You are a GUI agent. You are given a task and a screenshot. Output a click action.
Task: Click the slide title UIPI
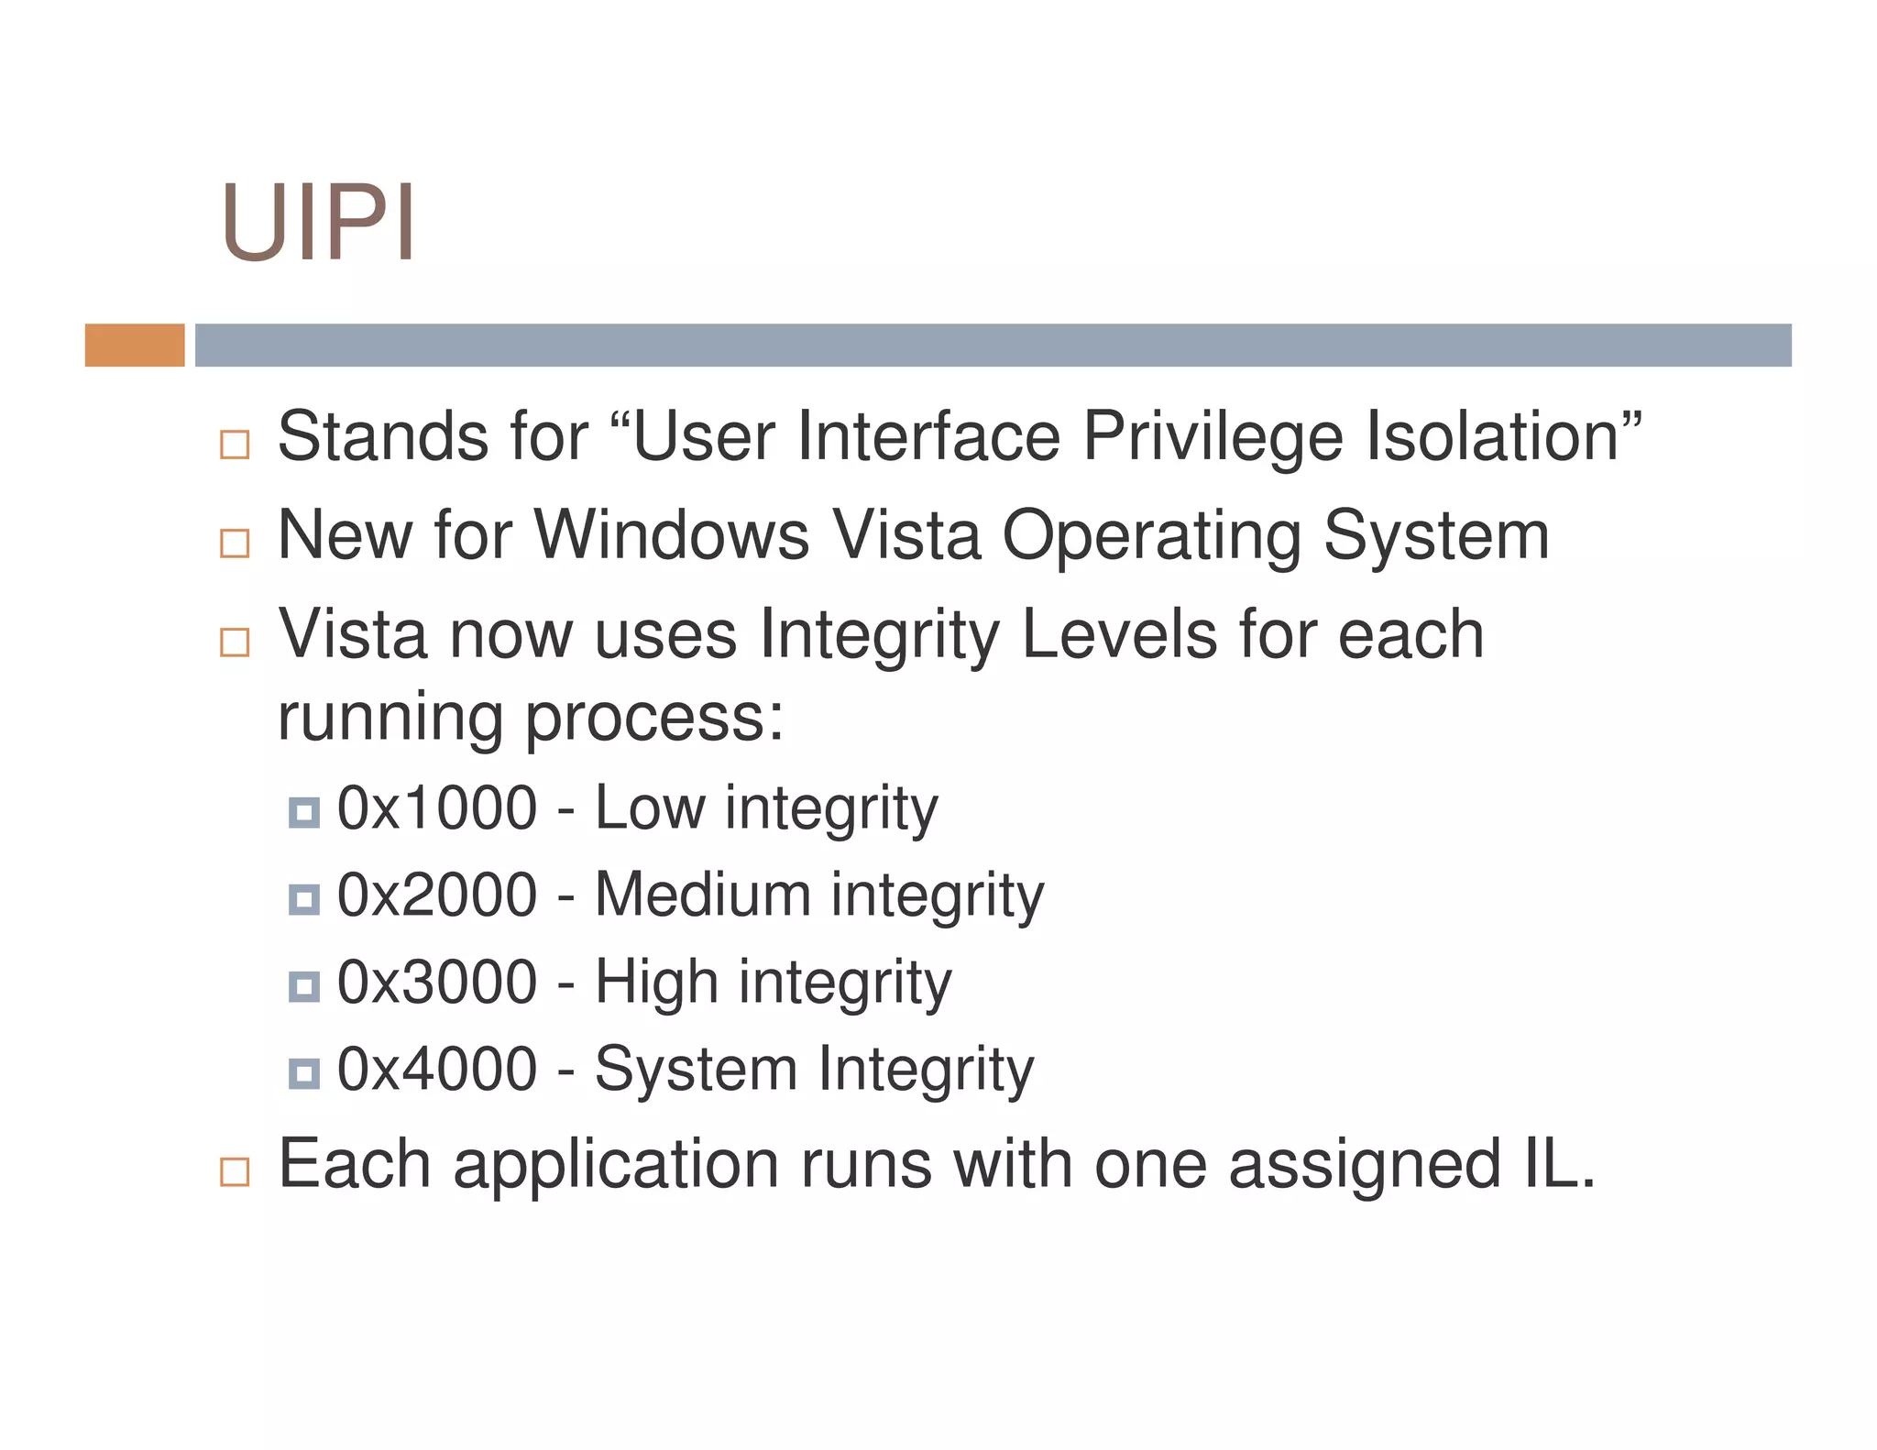318,223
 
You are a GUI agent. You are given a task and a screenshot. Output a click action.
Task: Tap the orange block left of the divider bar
135,346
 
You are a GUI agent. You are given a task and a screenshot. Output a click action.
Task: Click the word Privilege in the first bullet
1213,436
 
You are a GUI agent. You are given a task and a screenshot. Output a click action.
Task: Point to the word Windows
671,535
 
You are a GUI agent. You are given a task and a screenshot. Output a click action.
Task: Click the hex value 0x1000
437,807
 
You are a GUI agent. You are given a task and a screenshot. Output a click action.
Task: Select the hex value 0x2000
437,895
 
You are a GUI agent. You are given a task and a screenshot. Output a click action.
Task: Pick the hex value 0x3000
437,982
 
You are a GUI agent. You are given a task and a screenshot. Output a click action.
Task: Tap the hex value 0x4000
437,1069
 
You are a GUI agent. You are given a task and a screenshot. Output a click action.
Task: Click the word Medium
702,895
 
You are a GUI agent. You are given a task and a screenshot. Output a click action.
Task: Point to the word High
656,983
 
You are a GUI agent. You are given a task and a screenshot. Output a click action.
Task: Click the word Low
650,807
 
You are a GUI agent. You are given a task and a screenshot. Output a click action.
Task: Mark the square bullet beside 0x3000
304,986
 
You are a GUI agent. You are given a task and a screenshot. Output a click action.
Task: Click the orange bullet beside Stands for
235,445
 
